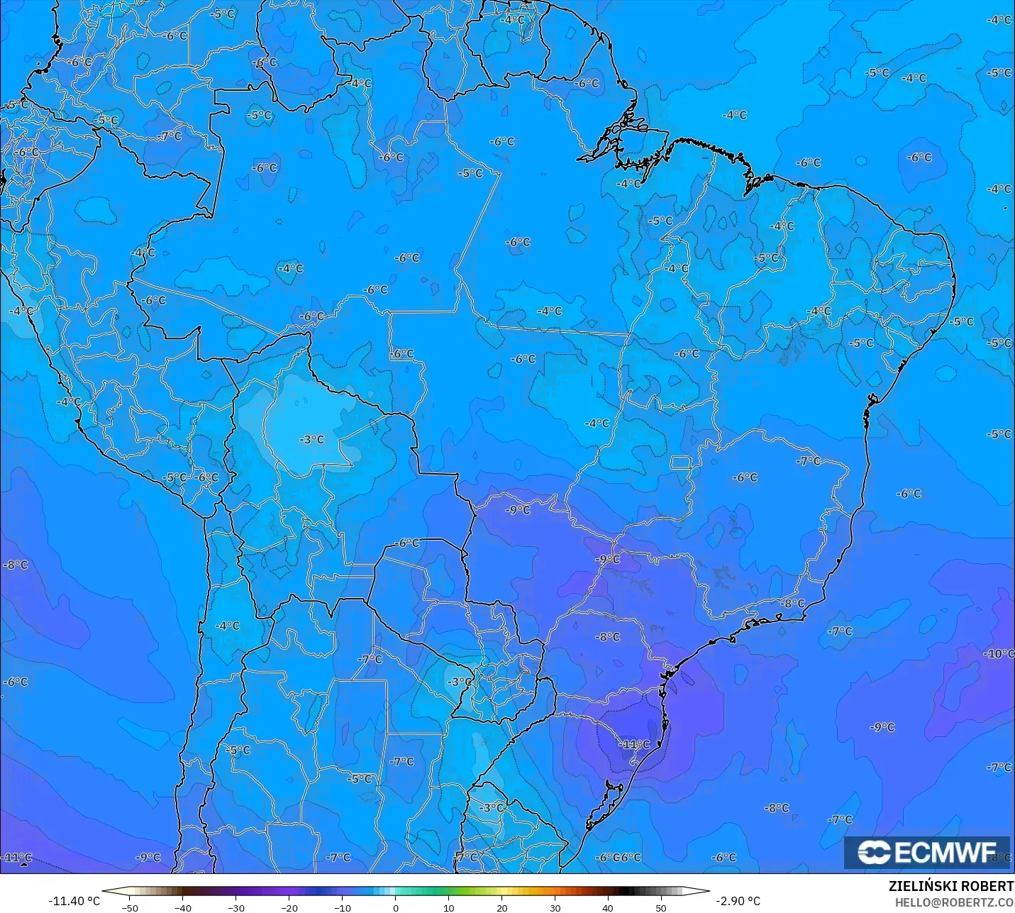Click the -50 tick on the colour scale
pos(130,907)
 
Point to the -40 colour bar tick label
pos(183,907)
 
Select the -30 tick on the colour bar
pos(236,907)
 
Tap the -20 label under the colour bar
pos(289,907)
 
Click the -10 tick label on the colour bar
pos(343,907)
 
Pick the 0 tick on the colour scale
pos(396,907)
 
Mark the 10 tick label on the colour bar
pos(449,907)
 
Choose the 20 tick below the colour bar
pos(502,907)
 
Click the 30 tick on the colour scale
pos(555,907)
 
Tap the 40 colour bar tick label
pos(608,907)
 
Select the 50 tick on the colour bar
pos(661,907)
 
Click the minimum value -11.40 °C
pos(74,901)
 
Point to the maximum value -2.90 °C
pos(738,901)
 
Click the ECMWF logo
pos(926,852)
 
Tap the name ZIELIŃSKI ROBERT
pos(951,887)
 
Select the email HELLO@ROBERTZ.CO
pos(954,902)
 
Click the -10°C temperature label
pos(1000,653)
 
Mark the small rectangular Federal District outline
pos(681,463)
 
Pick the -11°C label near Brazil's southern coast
pos(634,744)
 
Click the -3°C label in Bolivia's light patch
pos(311,440)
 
